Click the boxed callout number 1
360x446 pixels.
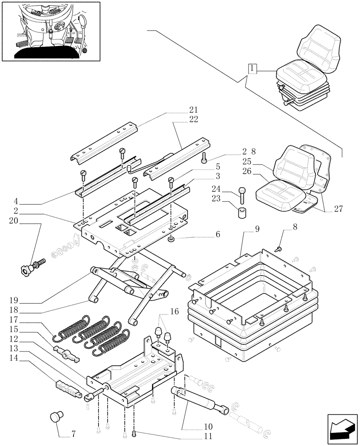pos(253,69)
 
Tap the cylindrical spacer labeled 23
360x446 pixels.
pos(241,211)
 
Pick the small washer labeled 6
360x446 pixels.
pos(171,240)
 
